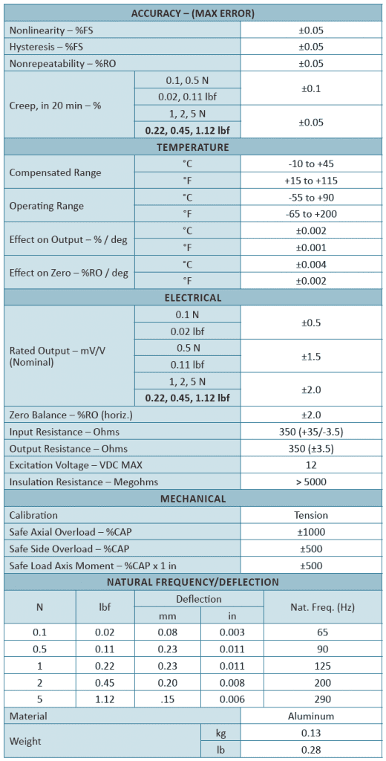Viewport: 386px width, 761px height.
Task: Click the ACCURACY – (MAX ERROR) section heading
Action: click(x=192, y=13)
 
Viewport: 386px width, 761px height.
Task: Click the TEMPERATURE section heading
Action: click(x=192, y=147)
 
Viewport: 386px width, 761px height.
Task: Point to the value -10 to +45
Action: click(x=311, y=164)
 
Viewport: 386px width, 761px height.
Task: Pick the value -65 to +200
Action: click(x=311, y=214)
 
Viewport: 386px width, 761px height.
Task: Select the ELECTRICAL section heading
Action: click(x=192, y=298)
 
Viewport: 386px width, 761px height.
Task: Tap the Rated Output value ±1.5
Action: click(x=311, y=357)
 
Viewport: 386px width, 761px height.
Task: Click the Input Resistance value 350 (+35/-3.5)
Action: click(x=311, y=432)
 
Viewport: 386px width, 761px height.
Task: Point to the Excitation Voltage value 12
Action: click(x=311, y=464)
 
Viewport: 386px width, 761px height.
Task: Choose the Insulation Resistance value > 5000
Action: click(x=311, y=482)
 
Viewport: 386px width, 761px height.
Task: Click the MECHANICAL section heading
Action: click(x=192, y=499)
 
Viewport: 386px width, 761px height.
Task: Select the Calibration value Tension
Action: click(x=311, y=515)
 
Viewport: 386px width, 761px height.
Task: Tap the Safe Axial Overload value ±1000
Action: click(x=311, y=532)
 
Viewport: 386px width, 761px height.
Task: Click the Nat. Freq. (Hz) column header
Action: click(x=324, y=607)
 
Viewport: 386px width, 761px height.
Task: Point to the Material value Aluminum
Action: click(x=311, y=716)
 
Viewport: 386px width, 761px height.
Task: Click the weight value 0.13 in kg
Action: click(x=311, y=734)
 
